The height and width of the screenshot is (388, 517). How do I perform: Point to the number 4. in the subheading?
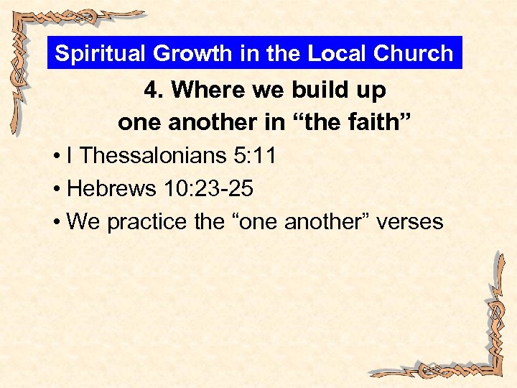point(154,90)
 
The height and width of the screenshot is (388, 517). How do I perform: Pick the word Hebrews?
point(111,188)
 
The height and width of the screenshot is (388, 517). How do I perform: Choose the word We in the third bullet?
point(83,221)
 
